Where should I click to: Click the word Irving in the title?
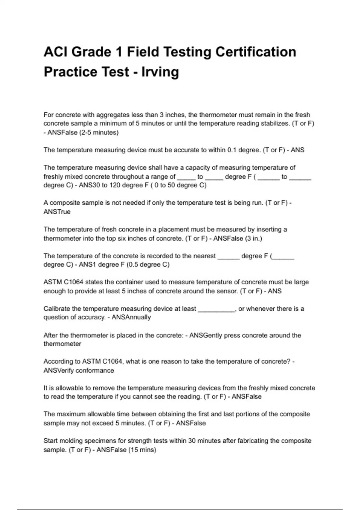160,72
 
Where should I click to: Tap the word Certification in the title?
256,52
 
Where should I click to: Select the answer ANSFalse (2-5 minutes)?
83,132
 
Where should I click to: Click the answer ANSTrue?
57,212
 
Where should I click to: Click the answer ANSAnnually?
131,317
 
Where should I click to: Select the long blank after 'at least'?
216,309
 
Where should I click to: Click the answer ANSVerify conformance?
79,370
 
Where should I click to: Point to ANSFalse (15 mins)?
126,450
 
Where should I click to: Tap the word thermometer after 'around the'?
62,344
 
